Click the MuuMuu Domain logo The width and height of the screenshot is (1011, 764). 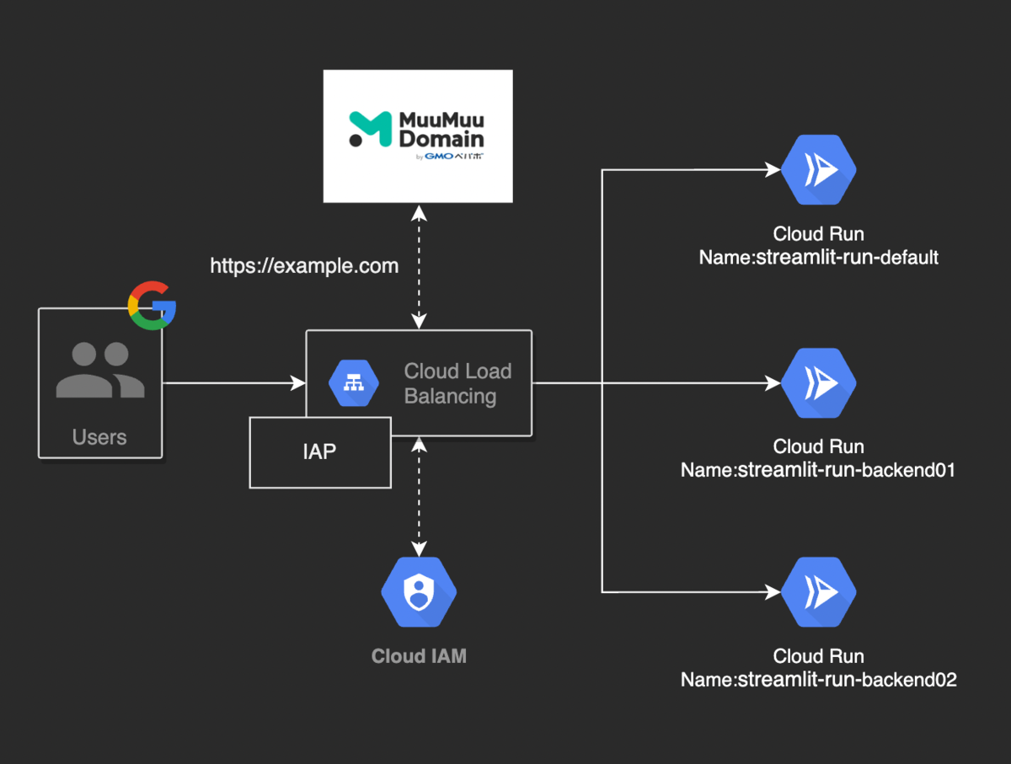click(x=417, y=131)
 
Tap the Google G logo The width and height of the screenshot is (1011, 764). click(x=152, y=305)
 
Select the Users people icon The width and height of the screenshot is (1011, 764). click(x=100, y=371)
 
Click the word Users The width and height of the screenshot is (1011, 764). click(x=99, y=437)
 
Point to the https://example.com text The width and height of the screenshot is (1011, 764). click(x=304, y=266)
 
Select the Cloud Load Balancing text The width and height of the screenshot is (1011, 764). click(x=457, y=383)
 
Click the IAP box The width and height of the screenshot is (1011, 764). click(x=320, y=451)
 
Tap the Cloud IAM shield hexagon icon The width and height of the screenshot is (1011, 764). click(x=418, y=593)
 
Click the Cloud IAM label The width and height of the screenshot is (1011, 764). click(x=419, y=656)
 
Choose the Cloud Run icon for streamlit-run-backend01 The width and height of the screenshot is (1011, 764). click(x=818, y=383)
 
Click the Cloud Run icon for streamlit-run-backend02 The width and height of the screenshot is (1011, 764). click(x=818, y=592)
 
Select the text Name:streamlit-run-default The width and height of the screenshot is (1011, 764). click(x=818, y=258)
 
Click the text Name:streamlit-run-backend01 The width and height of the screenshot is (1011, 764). click(x=818, y=470)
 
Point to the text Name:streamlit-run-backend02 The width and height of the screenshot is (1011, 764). click(x=818, y=680)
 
